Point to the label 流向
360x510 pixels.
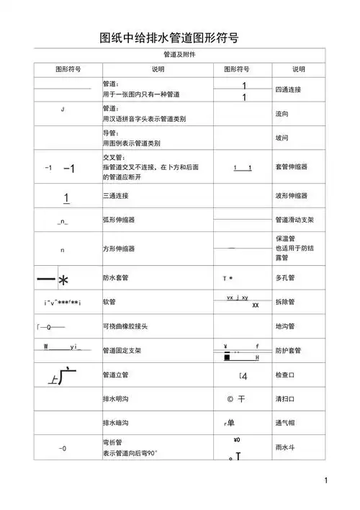[282, 114]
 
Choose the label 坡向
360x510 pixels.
[282, 138]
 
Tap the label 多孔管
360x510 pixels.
[285, 277]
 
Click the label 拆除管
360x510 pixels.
[285, 302]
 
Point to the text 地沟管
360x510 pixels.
[285, 326]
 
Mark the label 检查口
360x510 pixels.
[285, 375]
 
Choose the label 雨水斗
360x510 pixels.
[285, 447]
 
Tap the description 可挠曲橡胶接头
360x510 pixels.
[126, 326]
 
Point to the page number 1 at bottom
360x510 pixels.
[326, 480]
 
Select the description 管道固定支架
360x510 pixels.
[122, 351]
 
